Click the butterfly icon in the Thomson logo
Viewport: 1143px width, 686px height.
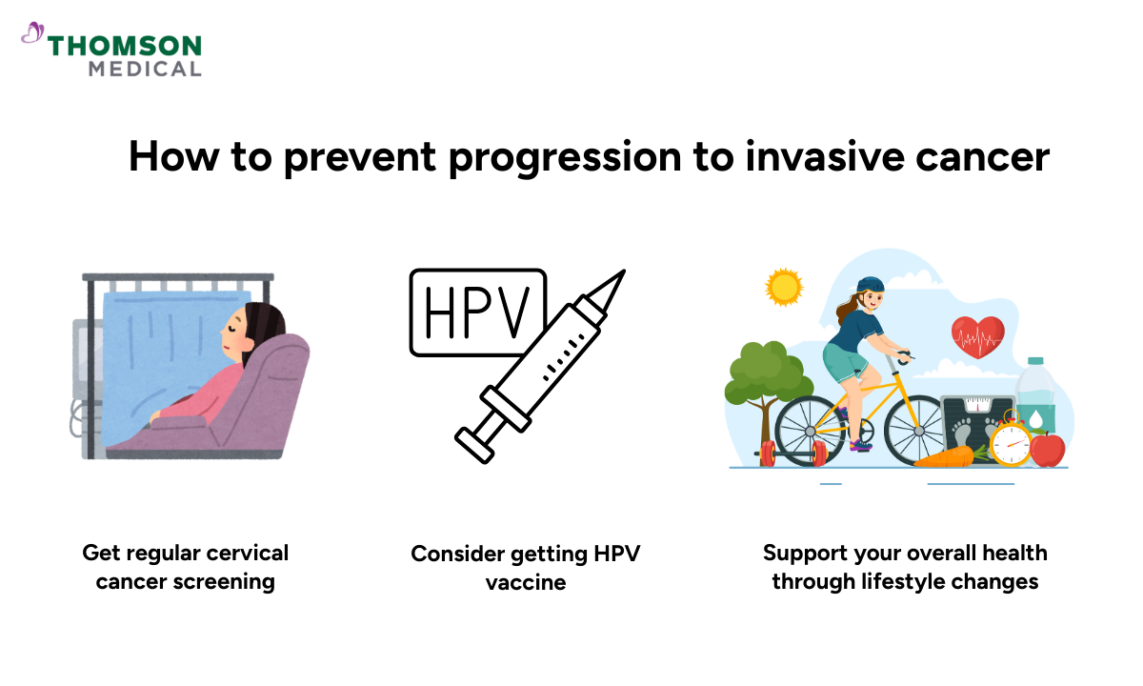tap(32, 34)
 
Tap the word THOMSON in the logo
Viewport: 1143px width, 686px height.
tap(125, 46)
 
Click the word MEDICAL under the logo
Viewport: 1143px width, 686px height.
tap(145, 69)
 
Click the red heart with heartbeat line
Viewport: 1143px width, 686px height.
tap(978, 335)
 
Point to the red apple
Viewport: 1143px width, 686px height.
tap(1048, 450)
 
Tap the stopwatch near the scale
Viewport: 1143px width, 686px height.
tap(1010, 443)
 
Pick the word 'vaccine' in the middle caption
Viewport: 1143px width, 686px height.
tap(525, 582)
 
